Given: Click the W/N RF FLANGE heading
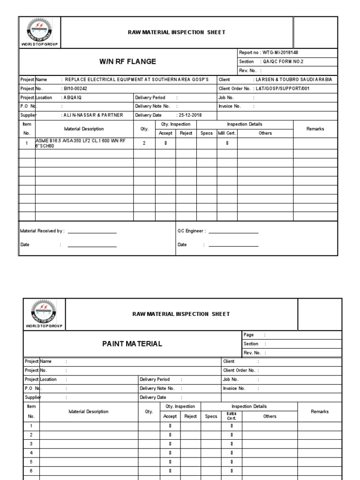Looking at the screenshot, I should [127, 61].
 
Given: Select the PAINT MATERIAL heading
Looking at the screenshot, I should [132, 344].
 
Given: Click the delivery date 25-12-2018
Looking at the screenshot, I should [190, 115].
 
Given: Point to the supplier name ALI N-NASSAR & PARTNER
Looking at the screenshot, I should [93, 115].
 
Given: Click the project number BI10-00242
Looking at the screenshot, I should [75, 89].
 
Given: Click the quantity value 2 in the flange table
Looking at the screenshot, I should [144, 143].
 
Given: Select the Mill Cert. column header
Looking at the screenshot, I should [227, 133].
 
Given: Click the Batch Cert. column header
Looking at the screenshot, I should [231, 416].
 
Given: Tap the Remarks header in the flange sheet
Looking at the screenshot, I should [315, 128].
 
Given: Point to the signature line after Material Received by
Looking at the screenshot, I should [92, 232].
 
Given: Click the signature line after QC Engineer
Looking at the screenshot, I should [233, 232].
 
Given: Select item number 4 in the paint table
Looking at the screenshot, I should [31, 453].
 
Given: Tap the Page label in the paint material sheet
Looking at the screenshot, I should [249, 335].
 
